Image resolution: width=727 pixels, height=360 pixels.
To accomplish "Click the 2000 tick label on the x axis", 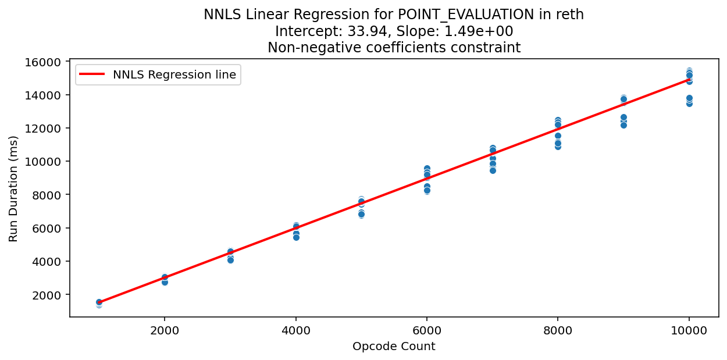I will coord(165,330).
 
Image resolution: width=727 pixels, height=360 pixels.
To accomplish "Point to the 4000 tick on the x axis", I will coord(296,330).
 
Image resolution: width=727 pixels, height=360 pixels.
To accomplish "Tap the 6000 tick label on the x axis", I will coord(427,330).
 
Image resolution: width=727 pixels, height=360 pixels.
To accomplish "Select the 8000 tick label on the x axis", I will coord(558,330).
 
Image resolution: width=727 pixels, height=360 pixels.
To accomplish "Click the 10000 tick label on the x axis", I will coord(689,330).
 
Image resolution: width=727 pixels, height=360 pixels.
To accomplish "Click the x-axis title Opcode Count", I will coord(394,347).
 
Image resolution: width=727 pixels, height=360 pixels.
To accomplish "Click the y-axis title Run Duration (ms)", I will coord(13,188).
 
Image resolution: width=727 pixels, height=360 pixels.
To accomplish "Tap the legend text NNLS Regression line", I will coord(174,74).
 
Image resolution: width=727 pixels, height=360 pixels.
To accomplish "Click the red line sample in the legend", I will coord(93,74).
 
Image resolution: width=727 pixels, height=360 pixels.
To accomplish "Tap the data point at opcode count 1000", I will coord(99,303).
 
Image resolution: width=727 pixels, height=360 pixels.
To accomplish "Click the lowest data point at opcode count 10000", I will coord(689,104).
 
